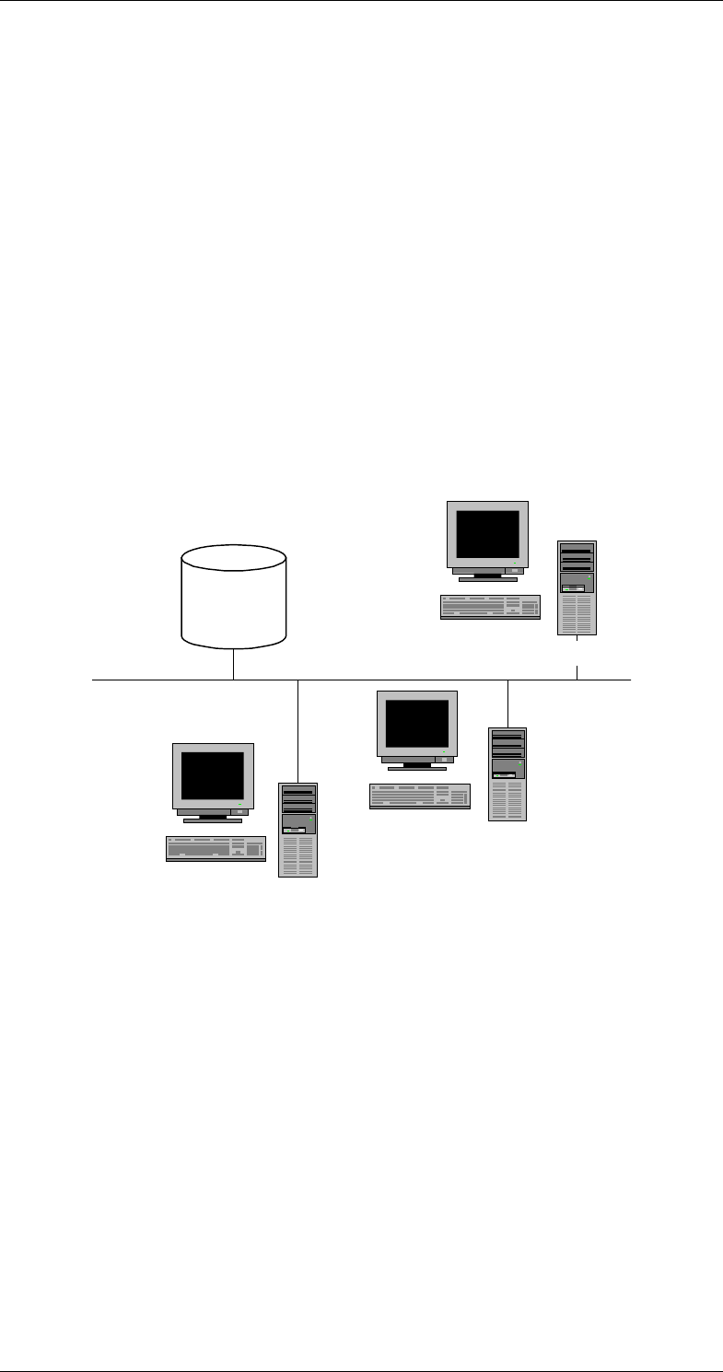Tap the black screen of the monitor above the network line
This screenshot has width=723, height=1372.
pyautogui.click(x=487, y=534)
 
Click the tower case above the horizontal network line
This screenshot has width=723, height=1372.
pyautogui.click(x=577, y=587)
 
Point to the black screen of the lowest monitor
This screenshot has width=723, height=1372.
pyautogui.click(x=213, y=775)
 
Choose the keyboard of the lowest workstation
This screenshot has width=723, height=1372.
pyautogui.click(x=216, y=848)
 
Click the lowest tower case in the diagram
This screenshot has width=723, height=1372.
pyautogui.click(x=297, y=830)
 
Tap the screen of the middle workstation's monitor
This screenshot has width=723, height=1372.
pyautogui.click(x=417, y=723)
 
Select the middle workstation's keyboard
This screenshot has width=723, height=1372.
pyautogui.click(x=421, y=796)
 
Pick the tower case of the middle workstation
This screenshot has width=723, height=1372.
pyautogui.click(x=507, y=773)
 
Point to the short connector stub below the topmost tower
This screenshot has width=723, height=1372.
pyautogui.click(x=577, y=671)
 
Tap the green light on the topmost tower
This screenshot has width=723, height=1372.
pyautogui.click(x=589, y=577)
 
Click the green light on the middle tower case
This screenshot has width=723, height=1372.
pyautogui.click(x=519, y=763)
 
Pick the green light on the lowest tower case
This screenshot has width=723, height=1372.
pyautogui.click(x=312, y=819)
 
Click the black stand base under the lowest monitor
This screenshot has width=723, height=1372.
pyautogui.click(x=213, y=820)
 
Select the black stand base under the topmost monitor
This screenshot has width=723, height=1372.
pyautogui.click(x=487, y=579)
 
